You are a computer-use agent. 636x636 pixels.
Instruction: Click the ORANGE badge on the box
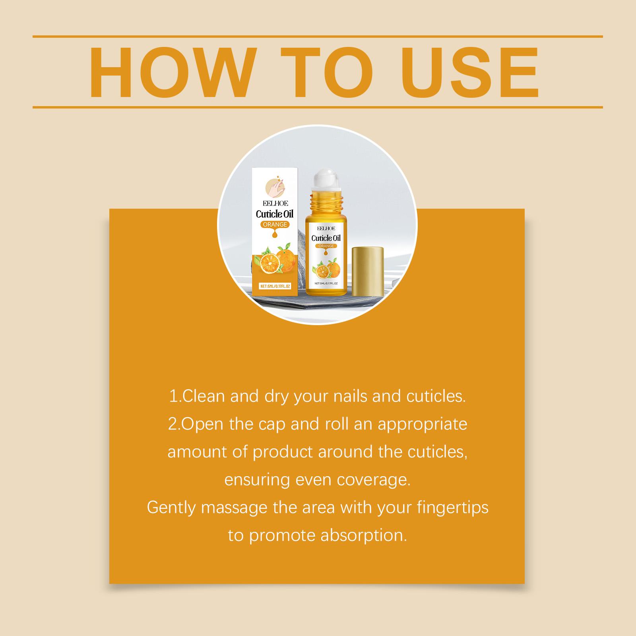275,225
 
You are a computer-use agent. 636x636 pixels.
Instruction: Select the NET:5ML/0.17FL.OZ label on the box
275,286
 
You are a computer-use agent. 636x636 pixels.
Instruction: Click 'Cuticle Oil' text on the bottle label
326,238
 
